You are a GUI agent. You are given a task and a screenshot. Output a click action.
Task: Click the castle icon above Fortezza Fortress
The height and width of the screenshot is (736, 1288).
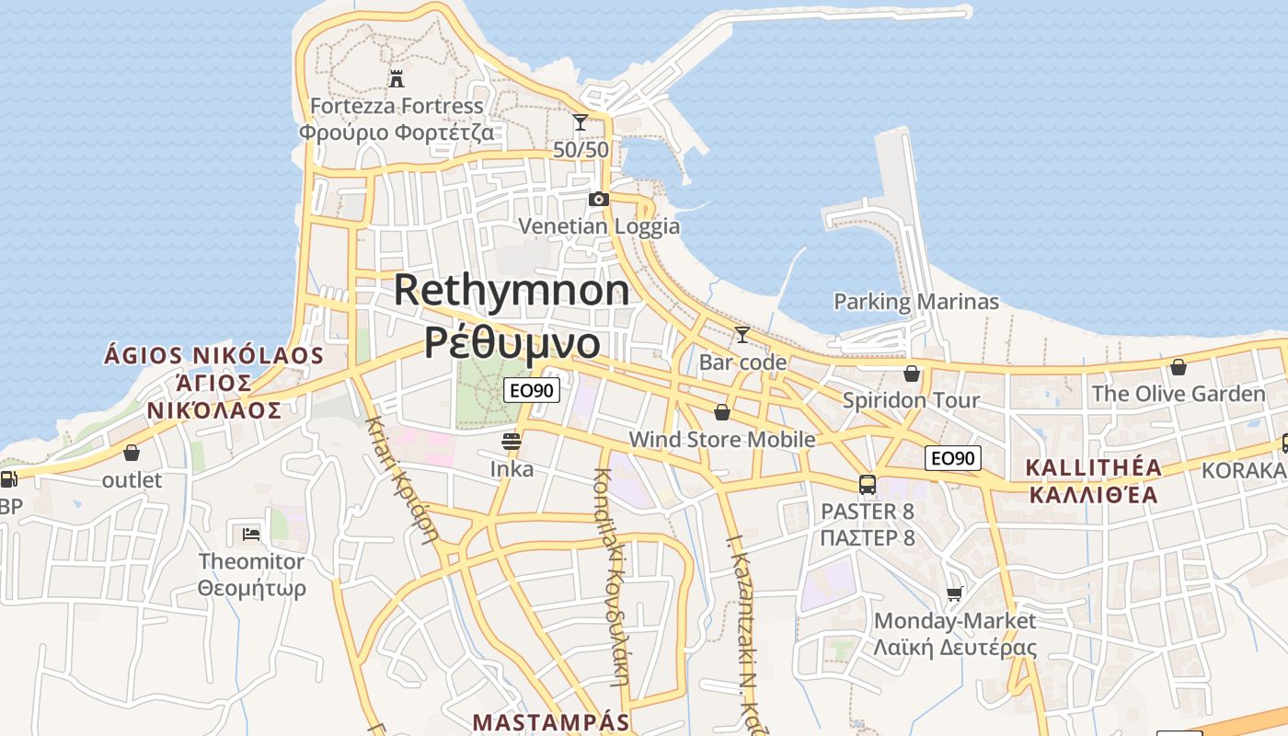tap(397, 78)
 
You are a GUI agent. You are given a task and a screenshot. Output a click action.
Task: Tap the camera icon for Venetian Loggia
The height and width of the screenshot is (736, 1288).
tap(599, 199)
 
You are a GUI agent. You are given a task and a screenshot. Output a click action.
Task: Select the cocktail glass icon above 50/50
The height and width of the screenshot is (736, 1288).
tap(581, 121)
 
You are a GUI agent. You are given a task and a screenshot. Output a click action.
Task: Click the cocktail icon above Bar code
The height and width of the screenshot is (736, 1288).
tap(742, 334)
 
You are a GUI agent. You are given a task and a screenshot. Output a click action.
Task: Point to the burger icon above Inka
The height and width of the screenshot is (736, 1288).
tap(512, 442)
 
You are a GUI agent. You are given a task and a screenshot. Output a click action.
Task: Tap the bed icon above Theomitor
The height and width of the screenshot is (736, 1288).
tap(251, 534)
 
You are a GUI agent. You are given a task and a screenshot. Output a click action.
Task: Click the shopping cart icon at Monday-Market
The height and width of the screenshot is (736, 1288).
tap(955, 593)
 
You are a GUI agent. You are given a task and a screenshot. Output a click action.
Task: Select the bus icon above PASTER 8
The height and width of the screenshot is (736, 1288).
tap(867, 484)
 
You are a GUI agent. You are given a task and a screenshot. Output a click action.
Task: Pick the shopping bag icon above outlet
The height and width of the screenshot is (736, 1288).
tap(132, 453)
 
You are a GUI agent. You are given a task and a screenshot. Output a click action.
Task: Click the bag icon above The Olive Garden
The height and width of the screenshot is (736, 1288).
tap(1179, 367)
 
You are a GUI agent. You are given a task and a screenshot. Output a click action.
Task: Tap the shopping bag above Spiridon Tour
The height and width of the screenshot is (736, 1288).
tap(911, 373)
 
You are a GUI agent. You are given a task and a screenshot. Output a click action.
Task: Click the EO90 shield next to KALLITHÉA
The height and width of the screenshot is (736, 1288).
tap(953, 458)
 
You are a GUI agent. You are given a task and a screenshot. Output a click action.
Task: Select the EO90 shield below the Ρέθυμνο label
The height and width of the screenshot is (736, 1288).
tap(532, 390)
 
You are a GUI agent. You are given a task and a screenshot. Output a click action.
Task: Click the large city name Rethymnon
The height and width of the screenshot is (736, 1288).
tap(512, 291)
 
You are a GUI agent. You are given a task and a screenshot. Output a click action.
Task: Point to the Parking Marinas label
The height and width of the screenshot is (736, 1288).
tap(915, 302)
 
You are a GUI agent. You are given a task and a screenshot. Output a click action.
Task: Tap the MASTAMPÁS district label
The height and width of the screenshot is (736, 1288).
tap(551, 722)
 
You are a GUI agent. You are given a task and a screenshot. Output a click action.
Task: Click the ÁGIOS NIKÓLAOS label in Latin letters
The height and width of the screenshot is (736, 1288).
tap(213, 355)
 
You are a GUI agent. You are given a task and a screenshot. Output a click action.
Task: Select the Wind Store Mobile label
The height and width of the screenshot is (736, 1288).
tap(722, 440)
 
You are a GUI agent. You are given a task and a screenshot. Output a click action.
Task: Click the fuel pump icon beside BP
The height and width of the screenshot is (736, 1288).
tap(8, 478)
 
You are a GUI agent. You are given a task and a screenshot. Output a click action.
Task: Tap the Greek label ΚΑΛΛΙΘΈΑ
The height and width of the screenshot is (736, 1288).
tap(1093, 495)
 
